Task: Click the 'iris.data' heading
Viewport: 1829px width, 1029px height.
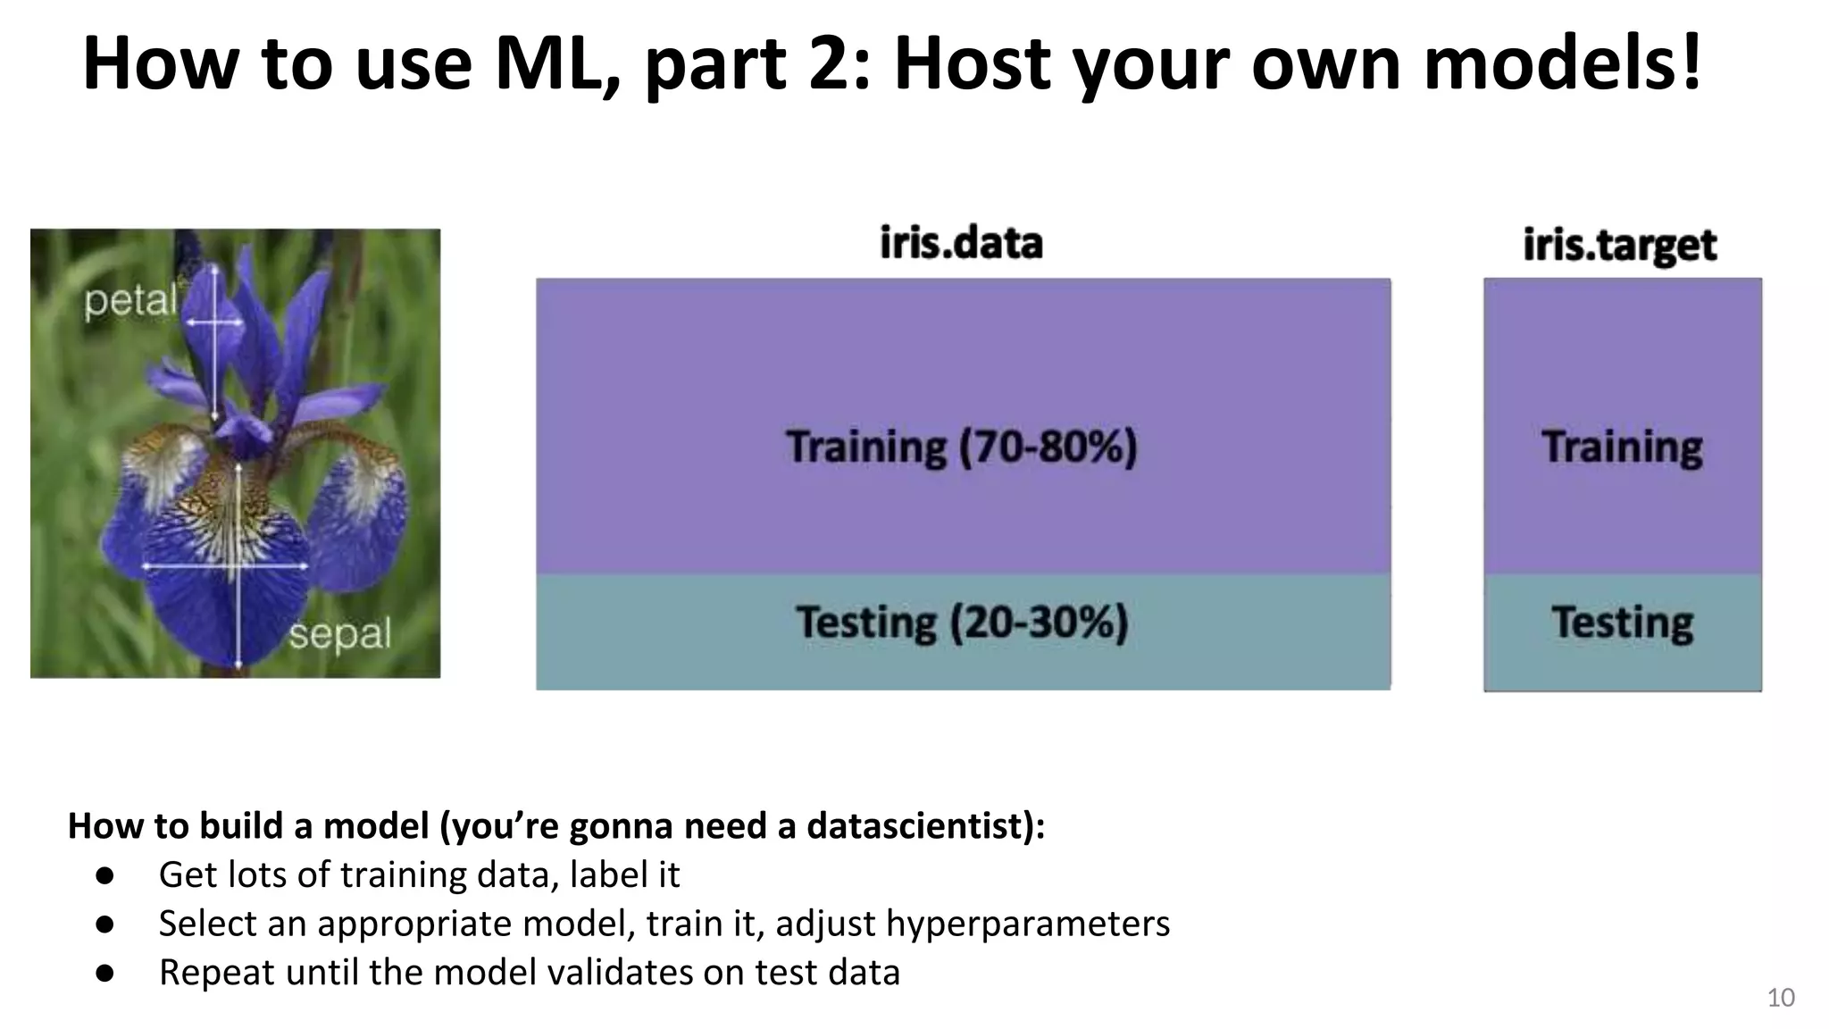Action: (961, 243)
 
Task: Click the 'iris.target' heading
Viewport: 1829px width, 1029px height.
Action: (1619, 245)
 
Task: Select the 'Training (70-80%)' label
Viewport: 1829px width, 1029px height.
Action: (962, 447)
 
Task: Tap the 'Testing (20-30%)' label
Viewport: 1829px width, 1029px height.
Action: (962, 622)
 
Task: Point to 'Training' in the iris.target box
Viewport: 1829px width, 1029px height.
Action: (1622, 447)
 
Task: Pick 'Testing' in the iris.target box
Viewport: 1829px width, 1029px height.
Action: (1622, 622)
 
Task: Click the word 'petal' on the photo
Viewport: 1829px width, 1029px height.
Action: (130, 300)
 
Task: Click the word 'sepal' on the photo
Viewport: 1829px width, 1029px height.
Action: (340, 634)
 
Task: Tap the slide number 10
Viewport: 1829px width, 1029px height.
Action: (1780, 998)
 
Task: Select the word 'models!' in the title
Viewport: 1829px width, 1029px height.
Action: (1563, 64)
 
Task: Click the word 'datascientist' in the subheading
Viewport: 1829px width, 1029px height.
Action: (920, 825)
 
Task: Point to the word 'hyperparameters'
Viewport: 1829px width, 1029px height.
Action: (1027, 924)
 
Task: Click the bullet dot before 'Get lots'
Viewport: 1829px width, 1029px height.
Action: (105, 875)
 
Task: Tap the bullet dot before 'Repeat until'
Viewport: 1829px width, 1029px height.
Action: (105, 973)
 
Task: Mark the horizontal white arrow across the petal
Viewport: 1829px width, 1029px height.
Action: (214, 322)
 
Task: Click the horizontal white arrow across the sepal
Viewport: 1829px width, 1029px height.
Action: (225, 566)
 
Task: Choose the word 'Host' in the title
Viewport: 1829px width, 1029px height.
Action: (972, 64)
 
